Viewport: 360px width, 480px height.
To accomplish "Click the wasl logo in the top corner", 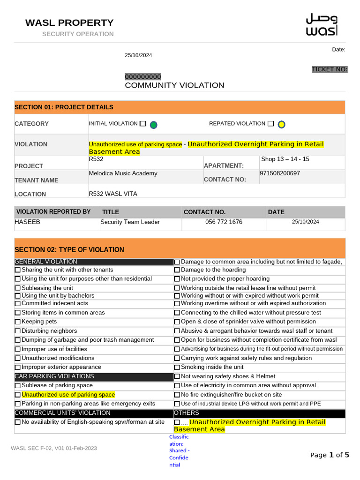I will point(321,24).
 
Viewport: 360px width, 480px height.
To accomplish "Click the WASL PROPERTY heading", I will point(69,22).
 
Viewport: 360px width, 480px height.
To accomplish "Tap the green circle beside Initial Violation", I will point(153,125).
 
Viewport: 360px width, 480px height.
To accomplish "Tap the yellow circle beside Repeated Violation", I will point(281,124).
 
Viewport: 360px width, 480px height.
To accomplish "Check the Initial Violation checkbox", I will point(143,124).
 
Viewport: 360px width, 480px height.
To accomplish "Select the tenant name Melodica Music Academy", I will point(123,173).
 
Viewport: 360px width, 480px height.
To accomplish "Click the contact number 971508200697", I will point(280,173).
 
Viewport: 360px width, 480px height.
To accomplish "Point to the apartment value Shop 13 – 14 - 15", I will point(285,159).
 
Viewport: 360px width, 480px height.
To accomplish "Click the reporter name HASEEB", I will point(28,222).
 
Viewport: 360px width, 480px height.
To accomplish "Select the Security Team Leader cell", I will point(130,222).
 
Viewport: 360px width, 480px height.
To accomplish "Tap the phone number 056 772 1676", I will point(224,222).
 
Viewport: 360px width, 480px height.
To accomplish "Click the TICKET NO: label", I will point(330,69).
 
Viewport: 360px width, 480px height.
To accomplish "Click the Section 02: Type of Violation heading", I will point(69,250).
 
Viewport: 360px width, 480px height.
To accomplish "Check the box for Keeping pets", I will point(18,322).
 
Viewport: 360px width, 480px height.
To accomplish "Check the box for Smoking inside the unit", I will point(177,367).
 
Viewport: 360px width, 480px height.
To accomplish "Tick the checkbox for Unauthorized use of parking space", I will point(18,395).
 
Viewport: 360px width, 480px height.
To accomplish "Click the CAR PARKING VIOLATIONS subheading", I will point(54,376).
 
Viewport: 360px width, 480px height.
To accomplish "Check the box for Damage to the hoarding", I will point(177,270).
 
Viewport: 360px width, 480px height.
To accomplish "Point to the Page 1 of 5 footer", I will point(330,455).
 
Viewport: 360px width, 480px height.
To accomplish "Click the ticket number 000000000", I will point(142,77).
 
